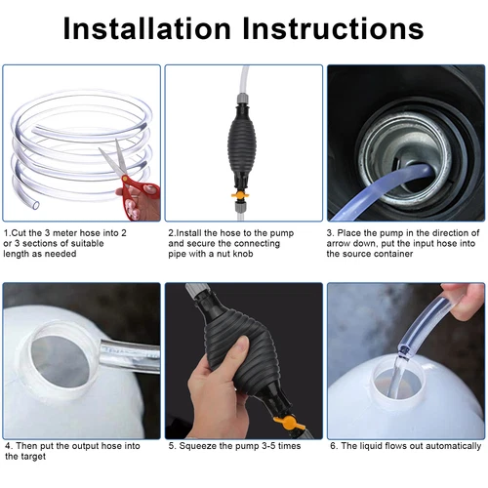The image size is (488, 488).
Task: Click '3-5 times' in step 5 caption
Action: [275, 446]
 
